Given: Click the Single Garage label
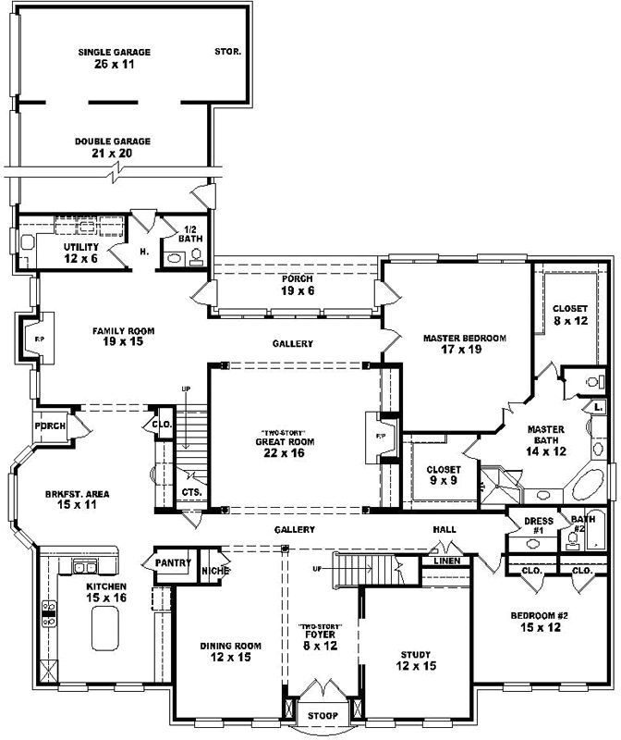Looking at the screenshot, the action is tap(114, 53).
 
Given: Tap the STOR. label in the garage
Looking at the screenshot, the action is tap(227, 52).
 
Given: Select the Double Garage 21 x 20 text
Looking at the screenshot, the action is tap(113, 147).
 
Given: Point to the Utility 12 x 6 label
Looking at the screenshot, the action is tap(81, 253).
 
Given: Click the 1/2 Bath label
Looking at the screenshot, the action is tap(190, 234).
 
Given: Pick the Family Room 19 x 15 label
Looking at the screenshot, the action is tap(123, 337).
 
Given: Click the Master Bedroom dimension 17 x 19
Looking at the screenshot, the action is tap(461, 350).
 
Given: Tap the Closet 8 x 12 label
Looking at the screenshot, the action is tap(570, 314).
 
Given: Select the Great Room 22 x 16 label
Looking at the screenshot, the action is tap(285, 448).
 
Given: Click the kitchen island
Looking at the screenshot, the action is tap(105, 628).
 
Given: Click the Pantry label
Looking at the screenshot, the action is tap(173, 562).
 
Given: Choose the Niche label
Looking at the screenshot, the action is tap(215, 571).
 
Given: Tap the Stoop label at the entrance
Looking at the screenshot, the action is tap(323, 716).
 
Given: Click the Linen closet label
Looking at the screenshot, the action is tap(447, 561).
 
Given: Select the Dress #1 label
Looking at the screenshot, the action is tap(539, 525).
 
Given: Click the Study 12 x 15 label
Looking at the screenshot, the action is tap(416, 660).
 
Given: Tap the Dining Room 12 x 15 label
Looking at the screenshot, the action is tap(231, 652).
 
